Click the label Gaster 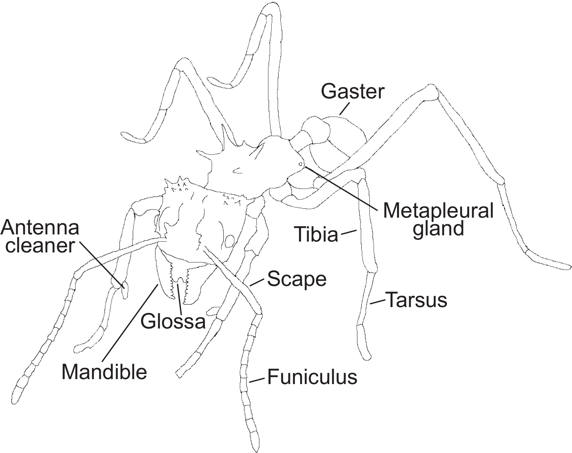[x=353, y=92]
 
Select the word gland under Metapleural [x=438, y=229]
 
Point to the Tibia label [x=316, y=234]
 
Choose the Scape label [x=297, y=279]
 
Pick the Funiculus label [x=312, y=377]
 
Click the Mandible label [x=104, y=372]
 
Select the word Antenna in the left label [x=40, y=228]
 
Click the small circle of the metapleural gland [x=300, y=164]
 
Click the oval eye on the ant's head [x=230, y=241]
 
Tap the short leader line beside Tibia [x=349, y=232]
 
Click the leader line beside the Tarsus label [x=378, y=302]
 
